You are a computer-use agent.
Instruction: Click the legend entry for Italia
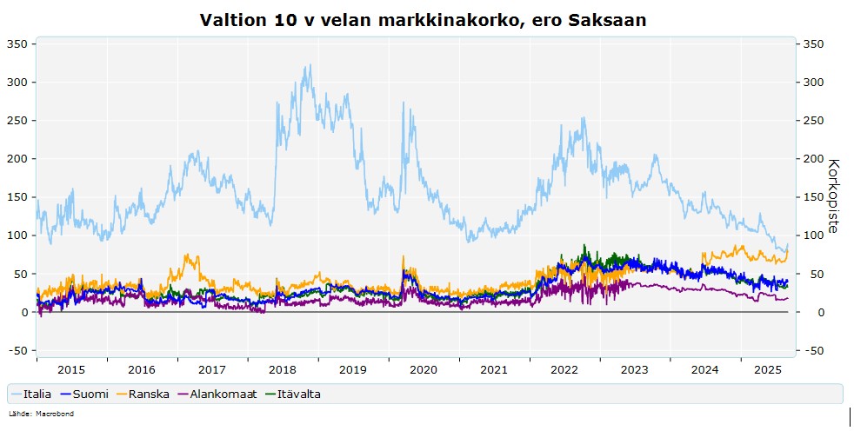point(31,394)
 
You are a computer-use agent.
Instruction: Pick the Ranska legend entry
point(142,394)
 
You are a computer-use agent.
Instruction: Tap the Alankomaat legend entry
point(217,394)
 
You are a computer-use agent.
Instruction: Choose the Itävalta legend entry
point(292,394)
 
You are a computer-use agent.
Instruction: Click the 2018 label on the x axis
point(282,370)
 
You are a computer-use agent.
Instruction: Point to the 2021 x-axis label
point(493,370)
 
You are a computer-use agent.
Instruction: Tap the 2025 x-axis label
point(768,370)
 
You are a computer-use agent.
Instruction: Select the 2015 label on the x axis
point(71,370)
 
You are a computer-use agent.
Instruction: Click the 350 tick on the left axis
point(17,44)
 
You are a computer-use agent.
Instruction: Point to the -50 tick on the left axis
point(18,351)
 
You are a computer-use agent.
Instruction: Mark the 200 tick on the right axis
point(814,159)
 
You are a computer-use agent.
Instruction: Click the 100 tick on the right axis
point(814,235)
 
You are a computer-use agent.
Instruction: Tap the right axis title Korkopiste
point(833,196)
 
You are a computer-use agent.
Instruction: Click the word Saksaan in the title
point(607,20)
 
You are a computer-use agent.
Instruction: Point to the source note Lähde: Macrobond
point(41,414)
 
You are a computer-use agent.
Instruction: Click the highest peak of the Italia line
point(310,65)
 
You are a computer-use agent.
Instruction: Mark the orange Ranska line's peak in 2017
point(187,254)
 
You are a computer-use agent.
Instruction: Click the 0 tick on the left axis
point(24,312)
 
